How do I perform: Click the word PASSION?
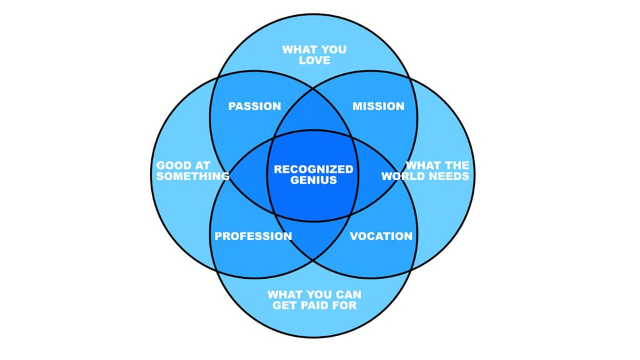[254, 106]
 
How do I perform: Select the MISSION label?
[378, 106]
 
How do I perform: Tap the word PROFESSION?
[253, 236]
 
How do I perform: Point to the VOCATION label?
[381, 236]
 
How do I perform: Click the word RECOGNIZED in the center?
[313, 169]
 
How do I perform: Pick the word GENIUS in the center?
[313, 181]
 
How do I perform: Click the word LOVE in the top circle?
[314, 61]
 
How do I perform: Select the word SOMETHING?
[192, 176]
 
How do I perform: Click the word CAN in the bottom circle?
[348, 294]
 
